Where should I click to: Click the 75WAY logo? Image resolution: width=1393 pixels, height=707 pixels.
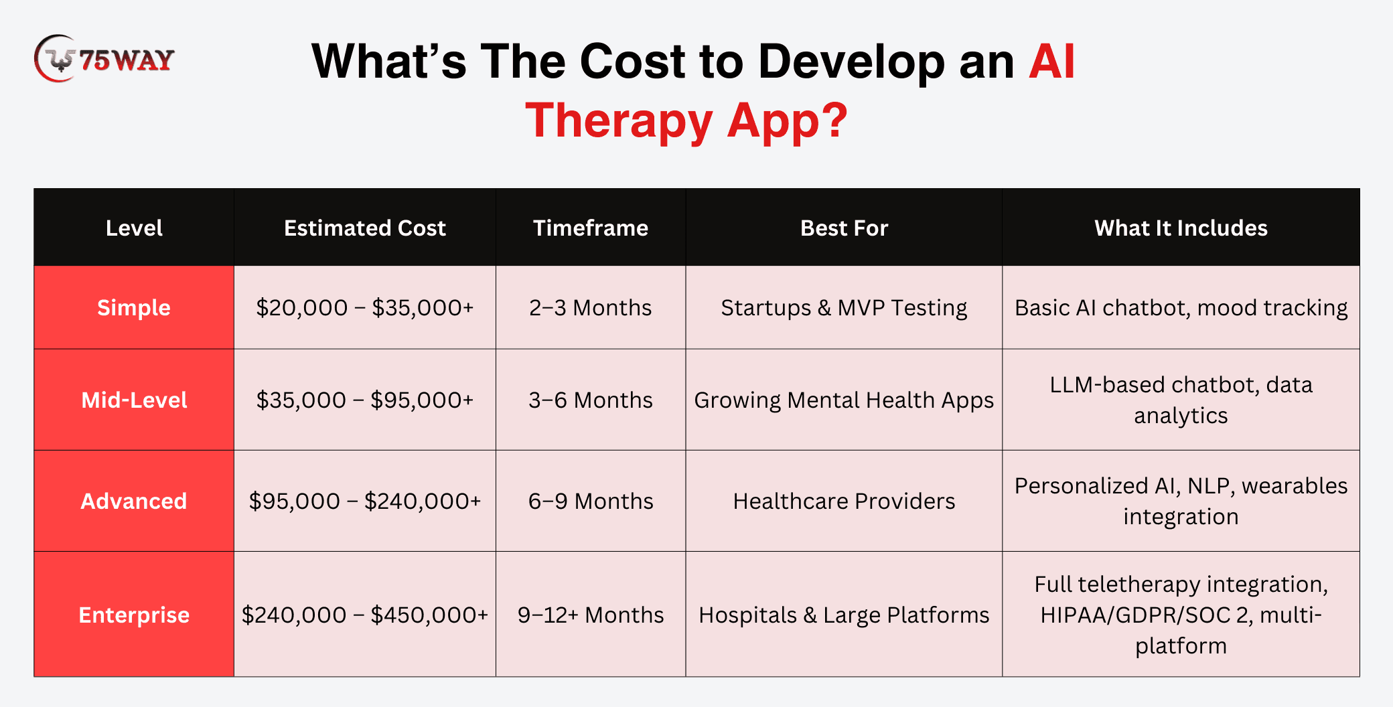pyautogui.click(x=104, y=59)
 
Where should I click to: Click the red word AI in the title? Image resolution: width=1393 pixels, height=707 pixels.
pyautogui.click(x=1051, y=62)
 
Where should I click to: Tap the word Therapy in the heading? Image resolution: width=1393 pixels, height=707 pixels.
pyautogui.click(x=619, y=121)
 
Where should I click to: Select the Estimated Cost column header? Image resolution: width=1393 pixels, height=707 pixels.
pyautogui.click(x=365, y=228)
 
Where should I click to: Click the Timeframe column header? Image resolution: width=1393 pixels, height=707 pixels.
pyautogui.click(x=591, y=228)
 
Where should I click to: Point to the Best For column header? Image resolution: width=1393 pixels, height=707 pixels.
pyautogui.click(x=844, y=228)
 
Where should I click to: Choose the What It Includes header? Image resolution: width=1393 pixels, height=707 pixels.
pyautogui.click(x=1181, y=228)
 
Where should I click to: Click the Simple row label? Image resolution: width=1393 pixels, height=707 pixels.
pyautogui.click(x=134, y=308)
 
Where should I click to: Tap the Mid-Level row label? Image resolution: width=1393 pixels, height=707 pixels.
pyautogui.click(x=134, y=400)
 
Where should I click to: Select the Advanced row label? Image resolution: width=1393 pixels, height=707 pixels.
pyautogui.click(x=134, y=501)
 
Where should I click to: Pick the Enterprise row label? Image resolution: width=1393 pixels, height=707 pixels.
pyautogui.click(x=134, y=615)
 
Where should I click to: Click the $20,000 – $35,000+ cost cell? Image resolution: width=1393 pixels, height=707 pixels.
pyautogui.click(x=365, y=308)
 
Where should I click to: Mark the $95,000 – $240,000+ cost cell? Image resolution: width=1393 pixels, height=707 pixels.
pyautogui.click(x=365, y=501)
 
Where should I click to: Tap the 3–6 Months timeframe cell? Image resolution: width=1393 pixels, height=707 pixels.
pyautogui.click(x=591, y=400)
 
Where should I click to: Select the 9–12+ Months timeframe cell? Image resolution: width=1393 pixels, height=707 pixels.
pyautogui.click(x=591, y=615)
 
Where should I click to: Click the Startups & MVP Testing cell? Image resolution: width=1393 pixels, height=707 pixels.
pyautogui.click(x=844, y=308)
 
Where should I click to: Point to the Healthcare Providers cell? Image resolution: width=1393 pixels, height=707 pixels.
pyautogui.click(x=844, y=501)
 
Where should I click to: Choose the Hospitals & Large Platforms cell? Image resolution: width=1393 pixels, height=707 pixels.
pyautogui.click(x=844, y=615)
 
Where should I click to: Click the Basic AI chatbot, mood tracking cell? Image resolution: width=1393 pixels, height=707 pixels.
pyautogui.click(x=1181, y=308)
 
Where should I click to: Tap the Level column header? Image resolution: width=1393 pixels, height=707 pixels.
pyautogui.click(x=134, y=228)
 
